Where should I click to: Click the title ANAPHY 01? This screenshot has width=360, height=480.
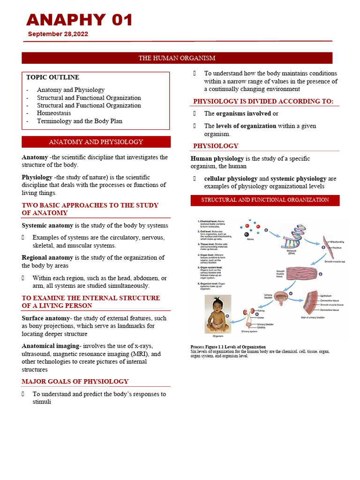(80, 20)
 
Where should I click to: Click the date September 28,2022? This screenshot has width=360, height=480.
(58, 34)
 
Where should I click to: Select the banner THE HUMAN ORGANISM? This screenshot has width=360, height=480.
(177, 58)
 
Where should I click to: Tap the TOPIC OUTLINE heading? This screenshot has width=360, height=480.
(52, 77)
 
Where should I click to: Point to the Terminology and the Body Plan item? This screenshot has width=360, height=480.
(80, 121)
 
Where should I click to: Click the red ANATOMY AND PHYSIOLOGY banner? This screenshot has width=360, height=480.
(96, 142)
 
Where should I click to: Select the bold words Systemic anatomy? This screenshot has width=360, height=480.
(47, 225)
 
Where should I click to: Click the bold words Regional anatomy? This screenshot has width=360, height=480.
(47, 257)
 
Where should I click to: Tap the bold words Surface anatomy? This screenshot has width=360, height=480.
(45, 318)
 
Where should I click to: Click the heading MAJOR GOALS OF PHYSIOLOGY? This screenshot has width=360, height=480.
(75, 382)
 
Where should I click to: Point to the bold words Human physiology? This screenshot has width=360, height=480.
(217, 158)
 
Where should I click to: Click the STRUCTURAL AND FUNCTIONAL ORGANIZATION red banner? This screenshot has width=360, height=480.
(265, 200)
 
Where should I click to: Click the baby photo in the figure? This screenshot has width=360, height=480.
(218, 314)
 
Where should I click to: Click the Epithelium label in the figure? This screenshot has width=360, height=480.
(327, 296)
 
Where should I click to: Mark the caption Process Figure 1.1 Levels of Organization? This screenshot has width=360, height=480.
(228, 347)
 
